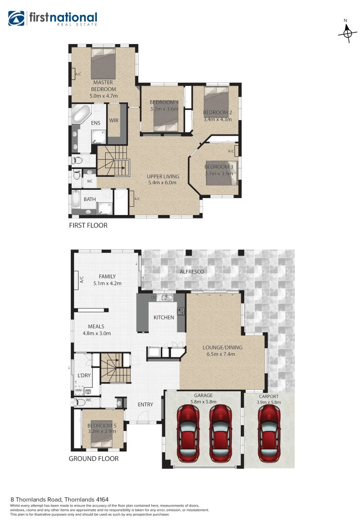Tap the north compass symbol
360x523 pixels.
tap(346, 32)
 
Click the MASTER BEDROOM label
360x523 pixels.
tap(104, 86)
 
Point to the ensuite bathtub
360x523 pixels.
tap(80, 115)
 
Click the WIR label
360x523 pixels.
tap(114, 121)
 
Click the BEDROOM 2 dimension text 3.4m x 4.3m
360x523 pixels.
tap(217, 119)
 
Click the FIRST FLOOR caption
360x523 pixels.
tap(88, 226)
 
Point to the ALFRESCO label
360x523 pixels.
tap(192, 272)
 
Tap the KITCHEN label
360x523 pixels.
tap(163, 318)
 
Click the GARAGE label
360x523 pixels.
tap(203, 396)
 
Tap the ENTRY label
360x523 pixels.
tap(145, 405)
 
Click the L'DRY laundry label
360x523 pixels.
tap(85, 375)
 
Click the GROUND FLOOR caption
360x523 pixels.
tap(94, 458)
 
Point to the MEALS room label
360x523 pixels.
tap(96, 326)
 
